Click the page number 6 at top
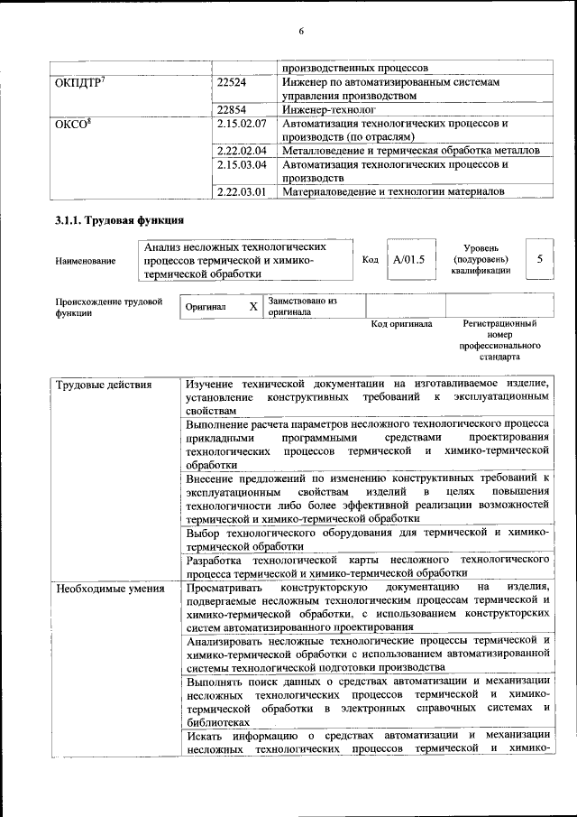tap(301, 32)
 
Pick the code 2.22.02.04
tap(243, 151)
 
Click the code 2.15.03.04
tap(243, 165)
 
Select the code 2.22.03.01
tap(243, 191)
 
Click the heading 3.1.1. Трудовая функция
tap(119, 220)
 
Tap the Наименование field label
tap(86, 261)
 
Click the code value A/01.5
tap(408, 259)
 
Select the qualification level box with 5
tap(539, 259)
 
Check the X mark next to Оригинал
tap(253, 307)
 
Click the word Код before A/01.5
tap(370, 260)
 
